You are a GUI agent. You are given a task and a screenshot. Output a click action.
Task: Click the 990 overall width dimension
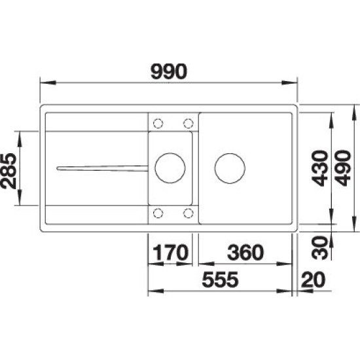point(169,71)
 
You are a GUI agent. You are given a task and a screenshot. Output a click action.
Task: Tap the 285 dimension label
point(9,171)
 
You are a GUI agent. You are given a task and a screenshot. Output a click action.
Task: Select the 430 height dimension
point(320,168)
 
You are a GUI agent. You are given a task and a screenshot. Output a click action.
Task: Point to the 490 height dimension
point(343,168)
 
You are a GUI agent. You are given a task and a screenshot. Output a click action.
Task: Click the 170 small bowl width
point(170,252)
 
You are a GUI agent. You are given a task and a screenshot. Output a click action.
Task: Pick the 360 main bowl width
point(245,252)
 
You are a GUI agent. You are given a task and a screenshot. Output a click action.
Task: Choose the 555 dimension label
point(220,279)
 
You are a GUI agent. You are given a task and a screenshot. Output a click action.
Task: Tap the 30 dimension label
point(320,247)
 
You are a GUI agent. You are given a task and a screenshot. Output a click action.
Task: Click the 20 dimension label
point(313,279)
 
